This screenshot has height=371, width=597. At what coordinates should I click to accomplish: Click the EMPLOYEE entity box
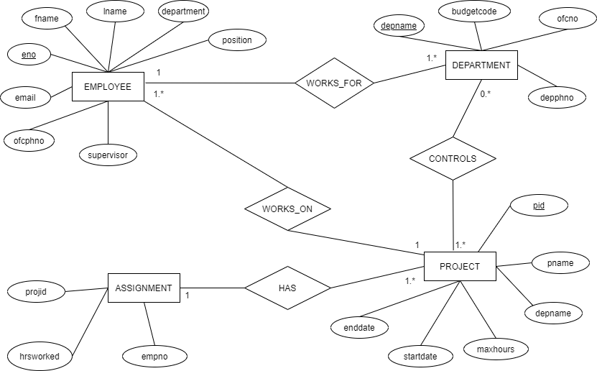pos(108,87)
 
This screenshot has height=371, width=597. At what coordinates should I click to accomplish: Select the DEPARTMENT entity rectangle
pos(481,65)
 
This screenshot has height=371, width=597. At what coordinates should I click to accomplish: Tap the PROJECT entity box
pos(460,266)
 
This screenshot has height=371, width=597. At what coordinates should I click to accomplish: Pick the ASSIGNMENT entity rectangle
pos(144,288)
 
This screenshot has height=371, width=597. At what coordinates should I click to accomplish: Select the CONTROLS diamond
pos(453,158)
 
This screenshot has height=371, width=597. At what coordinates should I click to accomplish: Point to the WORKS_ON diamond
pos(287,209)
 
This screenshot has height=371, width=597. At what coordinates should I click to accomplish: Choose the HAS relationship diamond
pos(287,288)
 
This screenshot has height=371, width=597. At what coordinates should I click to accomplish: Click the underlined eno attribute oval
pos(29,54)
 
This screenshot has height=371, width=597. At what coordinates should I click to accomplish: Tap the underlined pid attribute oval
pos(539,206)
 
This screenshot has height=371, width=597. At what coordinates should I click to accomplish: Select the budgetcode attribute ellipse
pos(474,12)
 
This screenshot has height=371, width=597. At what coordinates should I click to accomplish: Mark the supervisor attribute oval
pos(108,155)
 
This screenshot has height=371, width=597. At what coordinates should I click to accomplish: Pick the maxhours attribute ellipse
pos(496,349)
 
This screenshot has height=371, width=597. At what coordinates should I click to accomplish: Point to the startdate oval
pos(420,356)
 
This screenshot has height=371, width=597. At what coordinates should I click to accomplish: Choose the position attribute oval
pos(237,40)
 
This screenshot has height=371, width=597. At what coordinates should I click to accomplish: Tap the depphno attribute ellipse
pos(557,97)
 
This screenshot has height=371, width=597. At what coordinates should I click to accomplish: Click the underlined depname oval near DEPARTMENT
pos(399,26)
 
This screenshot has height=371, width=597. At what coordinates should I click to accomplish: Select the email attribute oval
pos(25,97)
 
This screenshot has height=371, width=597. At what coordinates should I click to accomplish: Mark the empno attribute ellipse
pos(154,356)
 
